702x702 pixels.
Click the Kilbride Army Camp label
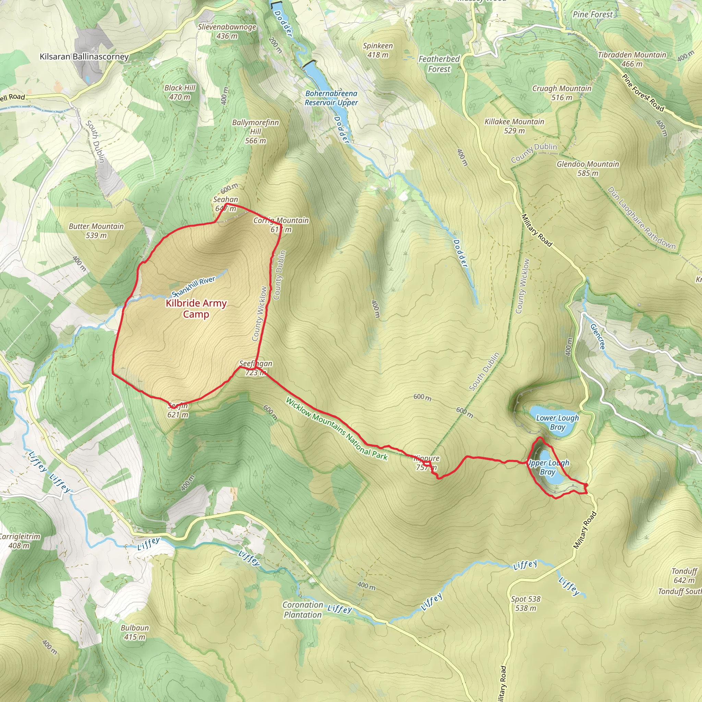[x=196, y=308]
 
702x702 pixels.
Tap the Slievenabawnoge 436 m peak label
[x=227, y=31]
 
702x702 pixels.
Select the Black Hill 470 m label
[x=180, y=92]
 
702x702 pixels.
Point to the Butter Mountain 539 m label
[x=96, y=231]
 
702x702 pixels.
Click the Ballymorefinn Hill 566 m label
[x=255, y=131]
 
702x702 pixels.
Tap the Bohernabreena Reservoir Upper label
[x=331, y=98]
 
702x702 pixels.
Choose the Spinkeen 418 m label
[x=378, y=50]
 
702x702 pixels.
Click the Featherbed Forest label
[x=439, y=64]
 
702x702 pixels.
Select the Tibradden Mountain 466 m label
[x=632, y=59]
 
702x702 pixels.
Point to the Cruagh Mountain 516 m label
[x=562, y=93]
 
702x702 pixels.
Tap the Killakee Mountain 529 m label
[x=514, y=126]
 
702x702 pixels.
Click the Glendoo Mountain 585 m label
[x=588, y=169]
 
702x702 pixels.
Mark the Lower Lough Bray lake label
[x=557, y=422]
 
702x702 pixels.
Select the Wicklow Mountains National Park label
[x=337, y=429]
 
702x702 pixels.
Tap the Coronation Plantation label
[x=303, y=610]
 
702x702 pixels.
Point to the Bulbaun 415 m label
[x=135, y=632]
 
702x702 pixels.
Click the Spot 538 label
[x=526, y=603]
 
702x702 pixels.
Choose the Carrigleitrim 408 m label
[x=20, y=541]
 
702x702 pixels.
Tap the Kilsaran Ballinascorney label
[x=84, y=57]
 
